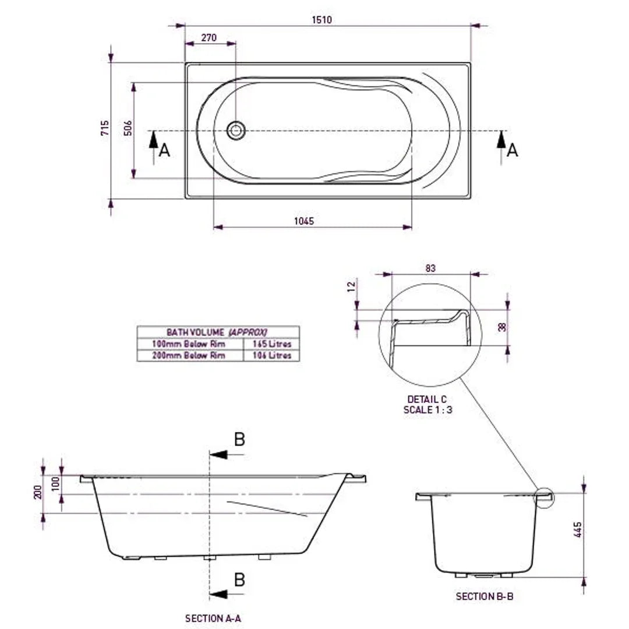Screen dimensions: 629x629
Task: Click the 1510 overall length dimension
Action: click(x=321, y=20)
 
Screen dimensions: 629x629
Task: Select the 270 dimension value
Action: click(x=209, y=38)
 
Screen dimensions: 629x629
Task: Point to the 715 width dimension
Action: click(x=105, y=128)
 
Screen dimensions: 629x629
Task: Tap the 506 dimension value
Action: click(x=129, y=128)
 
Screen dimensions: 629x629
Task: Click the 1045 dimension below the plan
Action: click(x=304, y=221)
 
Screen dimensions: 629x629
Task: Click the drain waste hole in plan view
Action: click(x=236, y=130)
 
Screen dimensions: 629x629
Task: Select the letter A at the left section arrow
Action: click(x=165, y=151)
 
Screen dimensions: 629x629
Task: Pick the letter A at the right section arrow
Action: click(x=512, y=151)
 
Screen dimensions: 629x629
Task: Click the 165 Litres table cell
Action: click(x=271, y=344)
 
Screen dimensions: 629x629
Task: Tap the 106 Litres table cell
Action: click(x=271, y=355)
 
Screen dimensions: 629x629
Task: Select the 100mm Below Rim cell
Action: click(x=189, y=344)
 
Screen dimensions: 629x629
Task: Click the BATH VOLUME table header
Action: click(x=217, y=332)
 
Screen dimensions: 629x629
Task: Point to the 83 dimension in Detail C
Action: click(x=430, y=268)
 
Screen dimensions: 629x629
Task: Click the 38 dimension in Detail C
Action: click(x=502, y=327)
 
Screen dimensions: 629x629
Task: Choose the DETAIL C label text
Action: click(x=427, y=400)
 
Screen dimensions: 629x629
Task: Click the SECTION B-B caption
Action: click(x=484, y=596)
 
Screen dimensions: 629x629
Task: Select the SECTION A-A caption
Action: click(x=213, y=619)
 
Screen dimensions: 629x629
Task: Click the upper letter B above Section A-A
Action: click(x=239, y=440)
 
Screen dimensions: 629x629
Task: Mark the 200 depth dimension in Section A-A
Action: click(x=37, y=493)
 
